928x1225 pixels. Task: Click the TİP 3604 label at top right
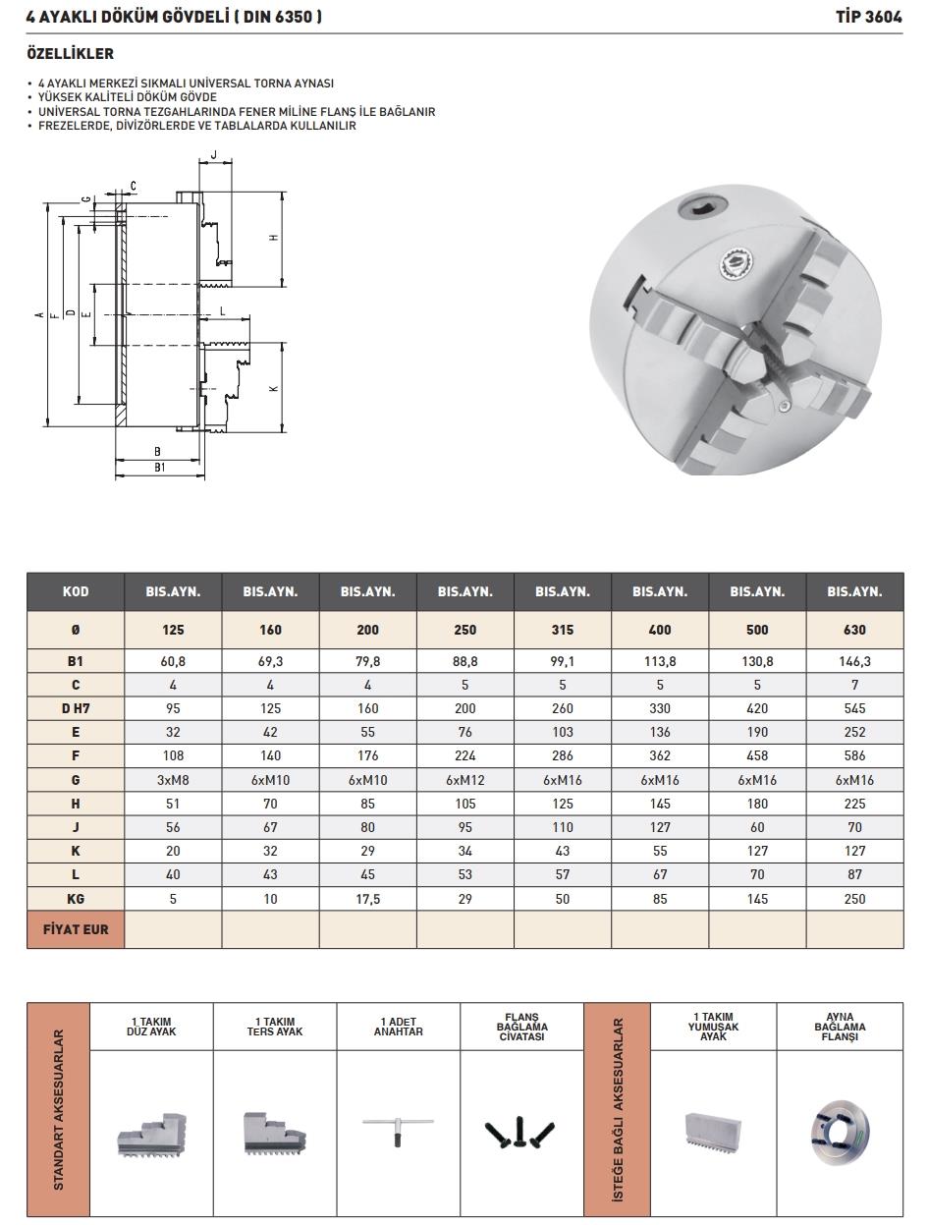pos(868,18)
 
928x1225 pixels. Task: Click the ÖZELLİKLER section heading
pos(71,54)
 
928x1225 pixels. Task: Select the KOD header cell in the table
pos(76,591)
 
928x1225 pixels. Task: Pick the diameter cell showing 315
pos(562,630)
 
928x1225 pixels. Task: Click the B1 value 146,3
pos(854,661)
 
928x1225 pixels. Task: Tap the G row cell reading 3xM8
pos(173,780)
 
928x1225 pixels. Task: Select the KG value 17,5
pos(367,899)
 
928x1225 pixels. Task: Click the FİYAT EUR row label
pos(76,929)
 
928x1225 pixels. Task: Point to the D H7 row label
pos(76,708)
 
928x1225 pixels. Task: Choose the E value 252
pos(854,732)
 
